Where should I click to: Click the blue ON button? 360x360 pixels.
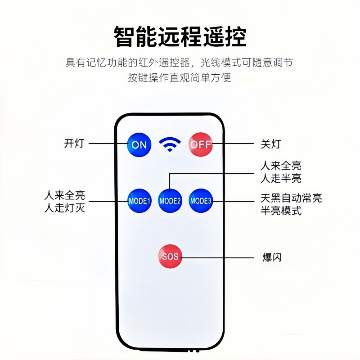139,144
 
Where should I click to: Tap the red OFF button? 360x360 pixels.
200,144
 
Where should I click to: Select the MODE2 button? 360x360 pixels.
170,201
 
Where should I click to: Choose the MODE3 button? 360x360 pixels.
201,201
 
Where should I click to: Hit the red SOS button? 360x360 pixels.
170,256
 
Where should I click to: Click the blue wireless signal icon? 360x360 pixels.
170,144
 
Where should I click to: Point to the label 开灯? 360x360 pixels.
74,144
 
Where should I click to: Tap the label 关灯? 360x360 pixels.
271,144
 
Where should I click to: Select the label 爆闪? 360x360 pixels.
271,257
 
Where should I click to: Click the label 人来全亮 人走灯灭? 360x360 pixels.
64,202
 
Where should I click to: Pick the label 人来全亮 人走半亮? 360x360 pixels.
281,172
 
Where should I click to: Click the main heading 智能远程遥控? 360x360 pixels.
180,37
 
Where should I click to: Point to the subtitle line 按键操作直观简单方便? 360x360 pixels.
180,77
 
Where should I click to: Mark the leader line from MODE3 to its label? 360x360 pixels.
234,201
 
